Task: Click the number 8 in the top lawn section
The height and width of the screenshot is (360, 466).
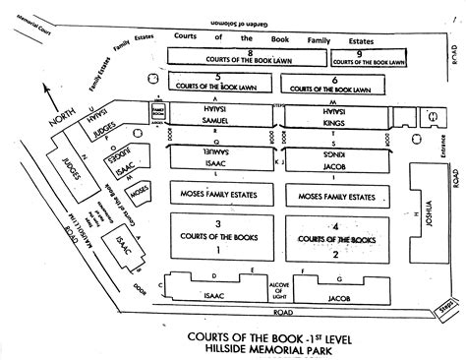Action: click(251, 52)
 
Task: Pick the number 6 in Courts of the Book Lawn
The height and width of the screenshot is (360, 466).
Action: click(335, 78)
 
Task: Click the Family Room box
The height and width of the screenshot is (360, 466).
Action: click(157, 109)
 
